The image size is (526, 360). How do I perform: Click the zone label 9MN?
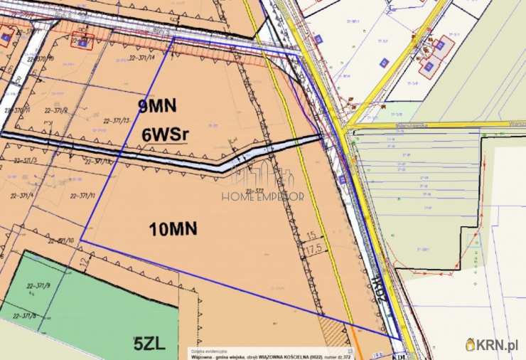tap(156, 106)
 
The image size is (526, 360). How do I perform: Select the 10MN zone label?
tap(173, 228)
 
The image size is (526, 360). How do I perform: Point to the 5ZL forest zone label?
tap(149, 344)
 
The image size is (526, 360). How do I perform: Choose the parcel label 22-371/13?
tap(117, 120)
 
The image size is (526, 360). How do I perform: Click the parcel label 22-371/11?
tap(84, 195)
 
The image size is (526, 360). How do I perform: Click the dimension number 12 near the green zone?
tap(84, 263)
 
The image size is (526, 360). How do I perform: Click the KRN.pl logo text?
tap(497, 344)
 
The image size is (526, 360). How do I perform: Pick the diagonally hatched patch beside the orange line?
tap(331, 329)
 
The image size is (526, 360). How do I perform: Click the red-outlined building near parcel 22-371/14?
tap(83, 42)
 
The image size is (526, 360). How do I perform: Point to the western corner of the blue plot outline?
tap(80, 240)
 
